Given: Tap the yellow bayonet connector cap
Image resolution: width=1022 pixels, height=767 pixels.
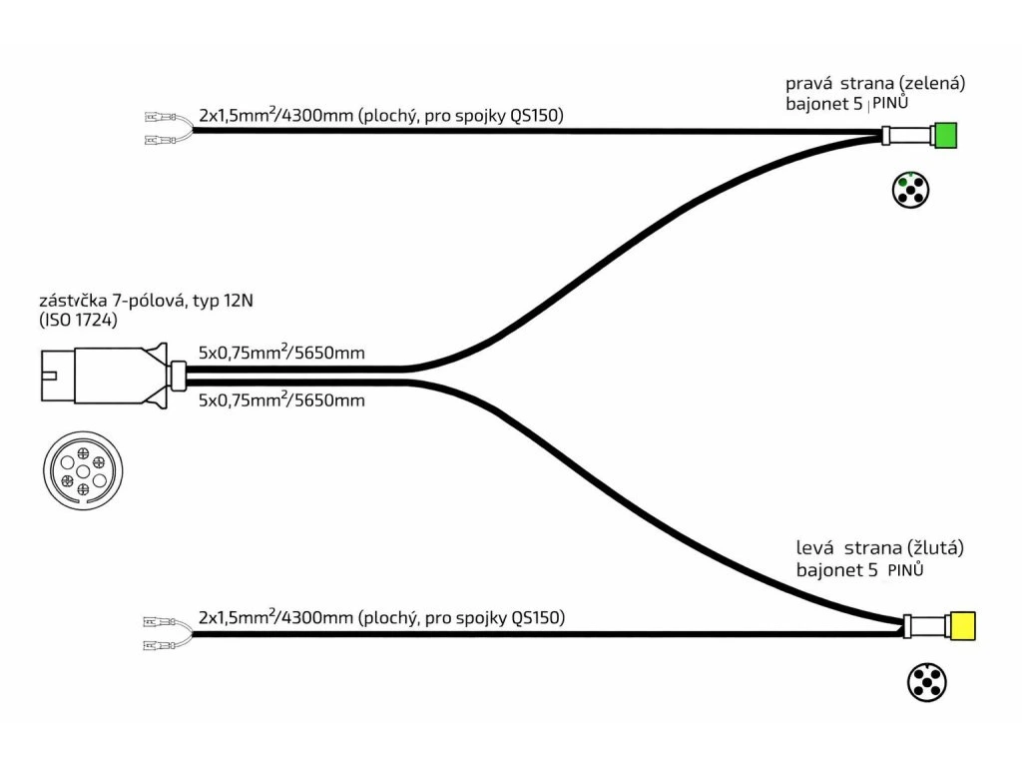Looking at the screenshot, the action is [963, 625].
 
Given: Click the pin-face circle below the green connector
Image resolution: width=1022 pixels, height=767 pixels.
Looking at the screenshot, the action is [909, 190].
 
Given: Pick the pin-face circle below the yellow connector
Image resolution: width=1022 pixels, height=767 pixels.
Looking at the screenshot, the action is [926, 683].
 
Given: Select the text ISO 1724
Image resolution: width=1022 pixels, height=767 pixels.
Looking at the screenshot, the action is [80, 321].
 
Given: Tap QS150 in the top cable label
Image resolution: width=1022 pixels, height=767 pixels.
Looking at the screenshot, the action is [536, 116].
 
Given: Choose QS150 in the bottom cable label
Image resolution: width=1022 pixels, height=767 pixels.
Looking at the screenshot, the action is [536, 618].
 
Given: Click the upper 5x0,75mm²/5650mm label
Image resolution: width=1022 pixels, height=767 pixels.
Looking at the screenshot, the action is [281, 353].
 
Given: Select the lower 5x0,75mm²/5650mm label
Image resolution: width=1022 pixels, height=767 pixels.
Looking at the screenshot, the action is [281, 400].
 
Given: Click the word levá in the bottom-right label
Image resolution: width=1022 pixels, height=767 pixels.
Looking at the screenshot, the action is [815, 548].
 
